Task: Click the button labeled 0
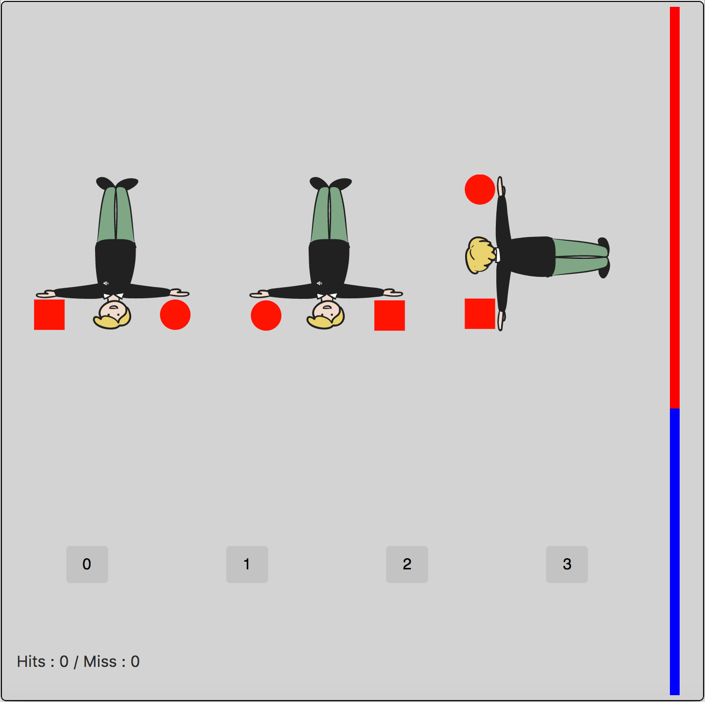(87, 564)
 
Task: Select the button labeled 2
(407, 564)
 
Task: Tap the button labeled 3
(567, 564)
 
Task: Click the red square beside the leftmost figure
(49, 314)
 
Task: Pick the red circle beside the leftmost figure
(175, 314)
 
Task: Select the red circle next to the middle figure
(266, 315)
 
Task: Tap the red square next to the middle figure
(390, 315)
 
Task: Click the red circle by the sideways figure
(480, 189)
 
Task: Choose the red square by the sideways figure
(480, 313)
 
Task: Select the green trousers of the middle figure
(330, 214)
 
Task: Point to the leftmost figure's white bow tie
(114, 295)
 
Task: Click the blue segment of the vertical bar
(674, 551)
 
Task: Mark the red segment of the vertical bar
(674, 205)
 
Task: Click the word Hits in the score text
(31, 662)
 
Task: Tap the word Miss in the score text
(100, 662)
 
